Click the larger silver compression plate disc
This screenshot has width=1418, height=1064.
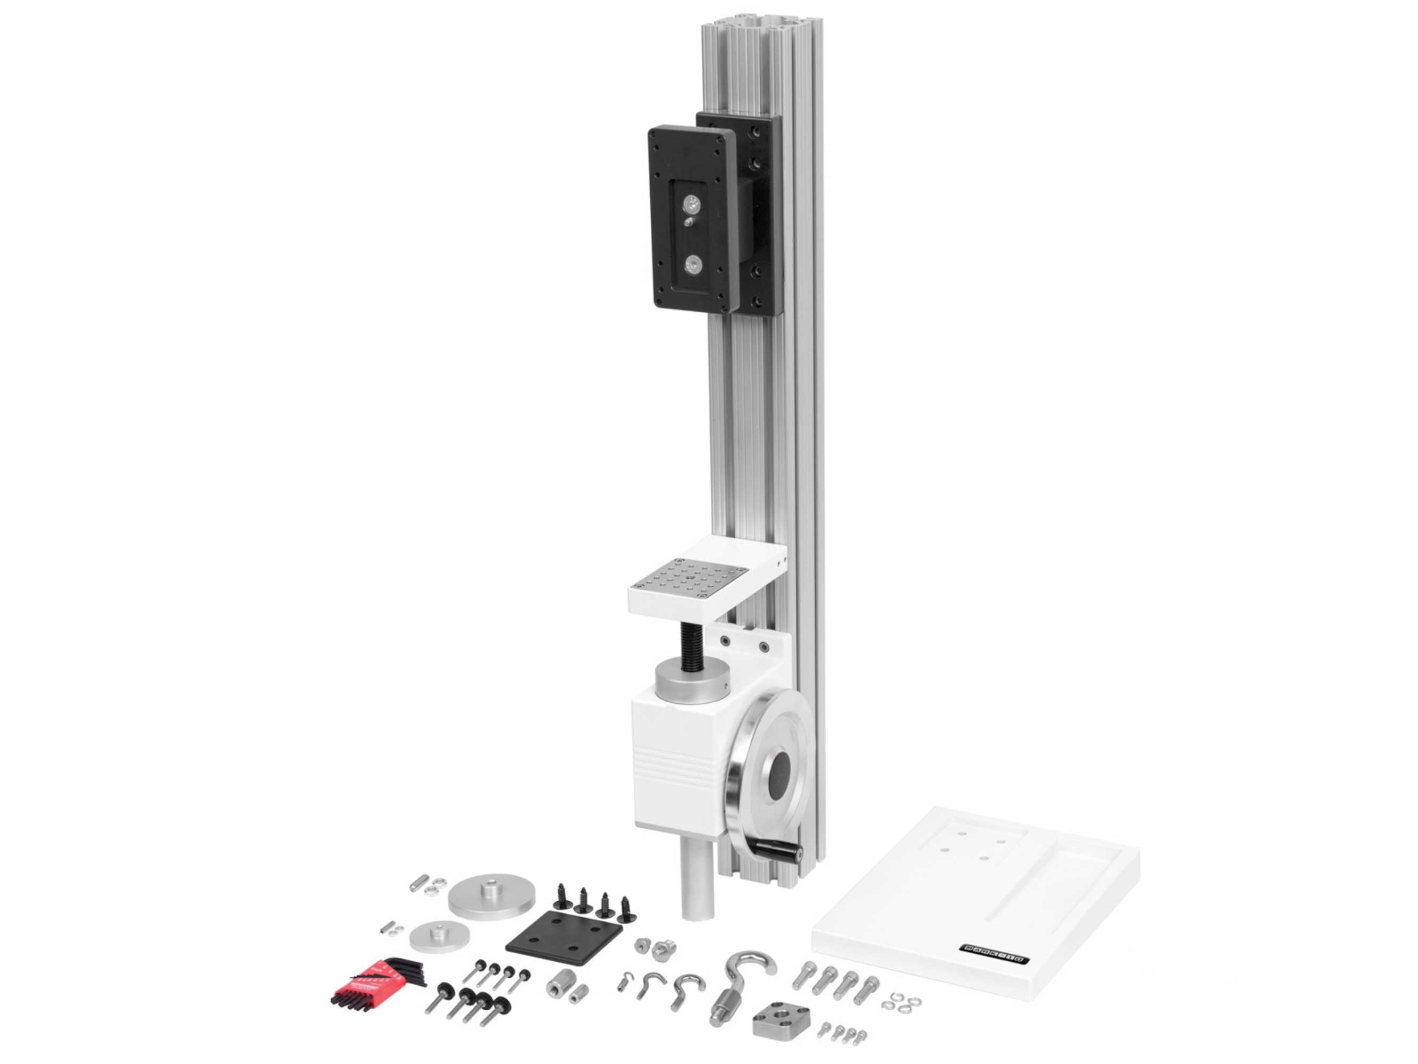[x=491, y=896]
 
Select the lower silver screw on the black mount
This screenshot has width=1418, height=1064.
[x=692, y=263]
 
